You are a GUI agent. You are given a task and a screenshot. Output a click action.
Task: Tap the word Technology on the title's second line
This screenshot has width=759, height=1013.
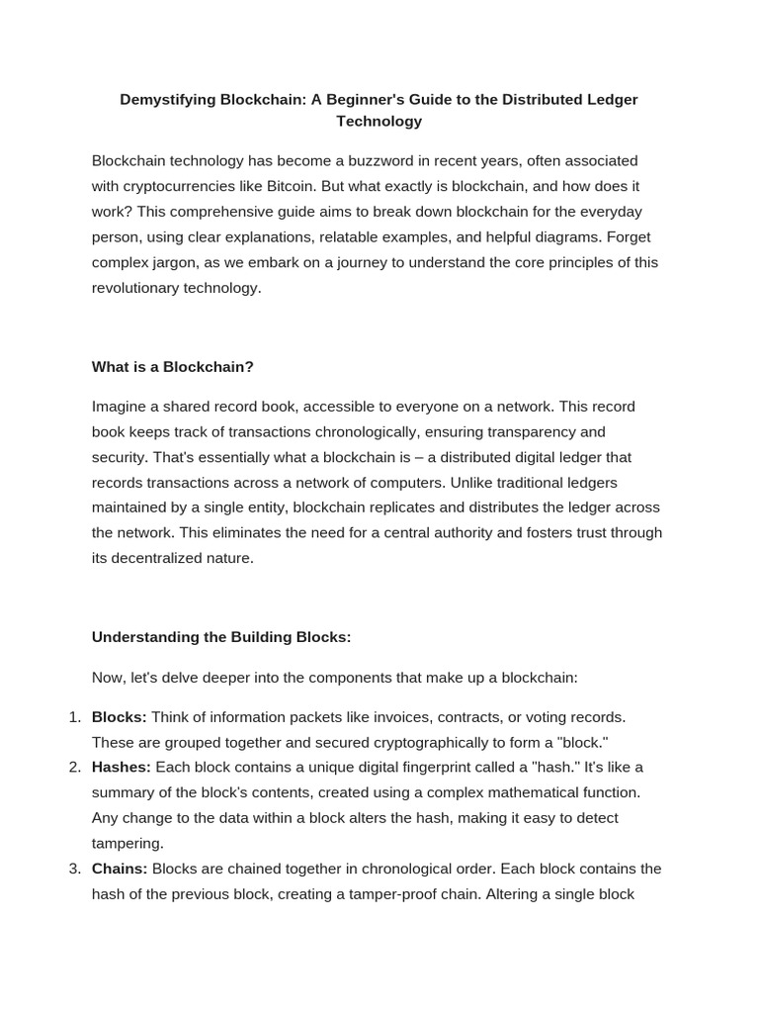click(379, 122)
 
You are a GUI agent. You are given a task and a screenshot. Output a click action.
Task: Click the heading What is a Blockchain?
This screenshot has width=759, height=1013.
click(173, 367)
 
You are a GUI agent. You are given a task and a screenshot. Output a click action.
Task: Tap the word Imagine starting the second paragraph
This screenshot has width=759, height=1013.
click(121, 407)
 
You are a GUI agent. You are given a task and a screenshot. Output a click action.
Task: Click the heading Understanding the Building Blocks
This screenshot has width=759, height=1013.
click(221, 637)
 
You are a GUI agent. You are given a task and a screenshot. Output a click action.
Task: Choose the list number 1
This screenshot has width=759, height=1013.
click(73, 716)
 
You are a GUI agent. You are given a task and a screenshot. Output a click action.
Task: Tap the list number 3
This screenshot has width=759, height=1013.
click(73, 869)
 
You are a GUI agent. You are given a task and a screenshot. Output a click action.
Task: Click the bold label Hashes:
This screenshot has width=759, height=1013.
click(122, 767)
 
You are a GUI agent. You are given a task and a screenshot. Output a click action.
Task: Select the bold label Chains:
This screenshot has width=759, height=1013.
click(120, 869)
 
